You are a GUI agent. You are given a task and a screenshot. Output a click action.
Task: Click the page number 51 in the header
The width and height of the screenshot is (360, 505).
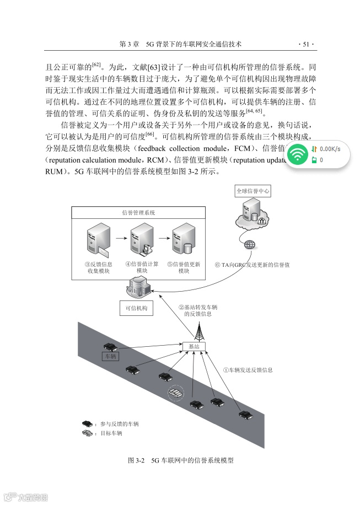305,44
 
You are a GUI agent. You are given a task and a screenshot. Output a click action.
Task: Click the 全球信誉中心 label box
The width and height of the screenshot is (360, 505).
253,191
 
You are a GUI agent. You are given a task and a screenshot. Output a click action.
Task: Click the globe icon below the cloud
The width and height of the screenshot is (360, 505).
251,244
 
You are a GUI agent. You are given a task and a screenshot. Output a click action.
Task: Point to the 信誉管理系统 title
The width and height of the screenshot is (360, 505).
138,212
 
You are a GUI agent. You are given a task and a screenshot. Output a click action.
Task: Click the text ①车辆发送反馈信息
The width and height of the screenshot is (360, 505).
248,370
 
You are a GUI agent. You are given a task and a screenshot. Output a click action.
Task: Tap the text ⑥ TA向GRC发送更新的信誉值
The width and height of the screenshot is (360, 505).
252,265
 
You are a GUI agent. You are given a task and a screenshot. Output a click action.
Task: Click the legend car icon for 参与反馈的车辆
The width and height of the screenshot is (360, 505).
88,423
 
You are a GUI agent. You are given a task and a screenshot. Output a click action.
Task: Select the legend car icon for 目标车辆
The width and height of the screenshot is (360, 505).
88,433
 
